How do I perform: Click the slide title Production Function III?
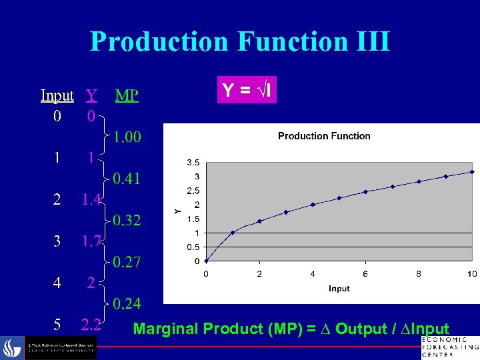pyautogui.click(x=239, y=41)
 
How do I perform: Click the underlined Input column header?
pyautogui.click(x=57, y=95)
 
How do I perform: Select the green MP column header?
pyautogui.click(x=127, y=95)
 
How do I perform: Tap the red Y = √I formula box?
pyautogui.click(x=247, y=90)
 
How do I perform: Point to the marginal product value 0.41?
pyautogui.click(x=126, y=179)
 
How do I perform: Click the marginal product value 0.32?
pyautogui.click(x=126, y=220)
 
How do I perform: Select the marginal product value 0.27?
pyautogui.click(x=126, y=262)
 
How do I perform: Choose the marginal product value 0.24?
pyautogui.click(x=126, y=304)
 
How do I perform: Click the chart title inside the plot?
pyautogui.click(x=324, y=136)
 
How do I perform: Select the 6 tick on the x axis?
pyautogui.click(x=365, y=274)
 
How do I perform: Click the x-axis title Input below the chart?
pyautogui.click(x=339, y=288)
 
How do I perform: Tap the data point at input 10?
pyautogui.click(x=472, y=172)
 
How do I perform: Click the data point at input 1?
pyautogui.click(x=233, y=233)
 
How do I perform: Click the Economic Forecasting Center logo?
pyautogui.click(x=449, y=346)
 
